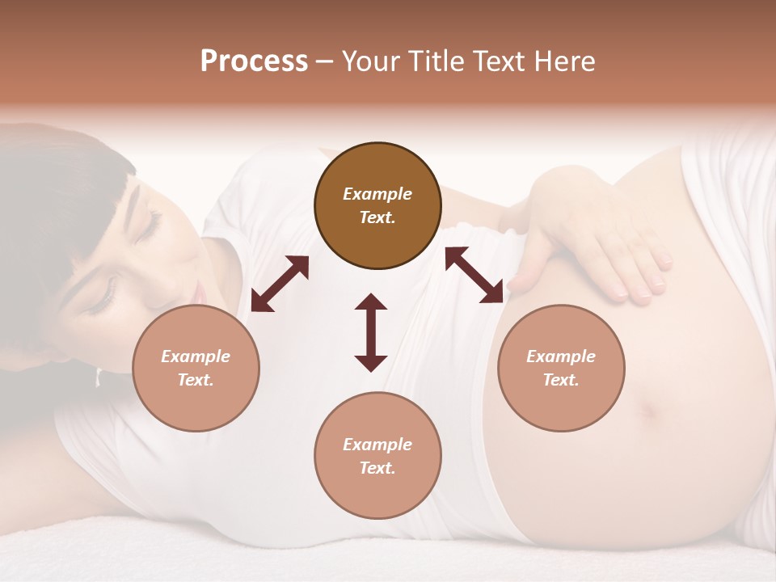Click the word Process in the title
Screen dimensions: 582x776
tap(254, 61)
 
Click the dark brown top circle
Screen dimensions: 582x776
tap(377, 205)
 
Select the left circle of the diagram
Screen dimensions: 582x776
tap(196, 368)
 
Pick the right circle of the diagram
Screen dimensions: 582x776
tap(561, 368)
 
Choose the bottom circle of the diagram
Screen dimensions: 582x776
tap(377, 456)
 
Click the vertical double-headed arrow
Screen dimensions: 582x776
tap(371, 332)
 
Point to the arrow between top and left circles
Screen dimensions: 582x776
tap(280, 284)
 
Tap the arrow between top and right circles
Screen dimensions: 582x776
tap(474, 275)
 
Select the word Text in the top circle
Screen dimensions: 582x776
tap(377, 217)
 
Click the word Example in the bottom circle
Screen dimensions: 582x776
tap(377, 445)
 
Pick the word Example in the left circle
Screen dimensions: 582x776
tap(196, 356)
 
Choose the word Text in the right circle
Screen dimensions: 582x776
tap(561, 380)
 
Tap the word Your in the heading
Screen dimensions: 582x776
tap(368, 61)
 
